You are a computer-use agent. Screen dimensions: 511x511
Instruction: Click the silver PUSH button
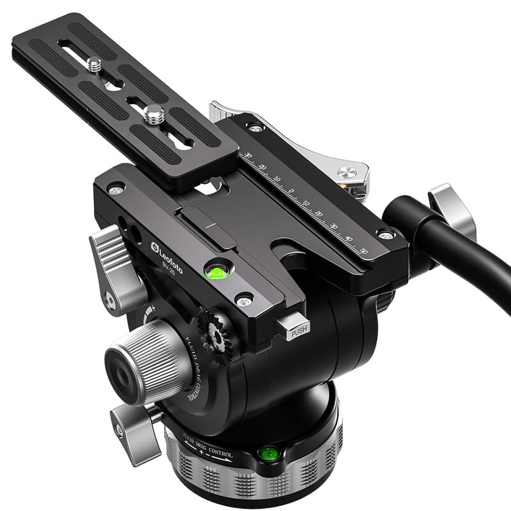tap(296, 328)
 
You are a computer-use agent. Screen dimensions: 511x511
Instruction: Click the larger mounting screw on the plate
tap(153, 116)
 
